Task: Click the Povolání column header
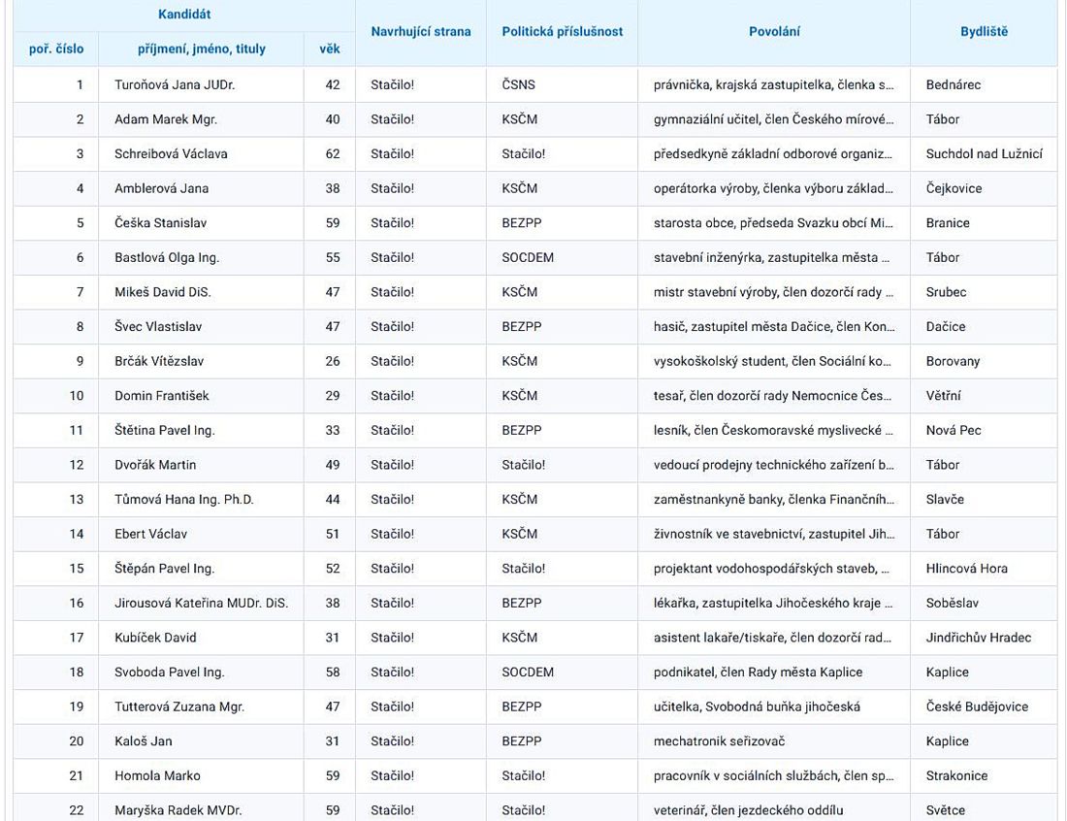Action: click(774, 32)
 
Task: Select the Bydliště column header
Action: click(984, 32)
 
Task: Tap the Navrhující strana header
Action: click(420, 32)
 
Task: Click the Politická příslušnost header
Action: click(562, 32)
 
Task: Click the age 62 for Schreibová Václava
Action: click(333, 153)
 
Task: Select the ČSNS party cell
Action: click(518, 84)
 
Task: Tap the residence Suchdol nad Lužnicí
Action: click(984, 153)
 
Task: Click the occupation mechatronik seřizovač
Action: click(719, 741)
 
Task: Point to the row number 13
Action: click(77, 499)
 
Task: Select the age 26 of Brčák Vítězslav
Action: click(333, 361)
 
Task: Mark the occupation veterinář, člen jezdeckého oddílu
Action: click(748, 810)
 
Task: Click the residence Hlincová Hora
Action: click(966, 569)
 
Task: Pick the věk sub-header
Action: click(329, 49)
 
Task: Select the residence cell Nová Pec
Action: click(954, 430)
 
